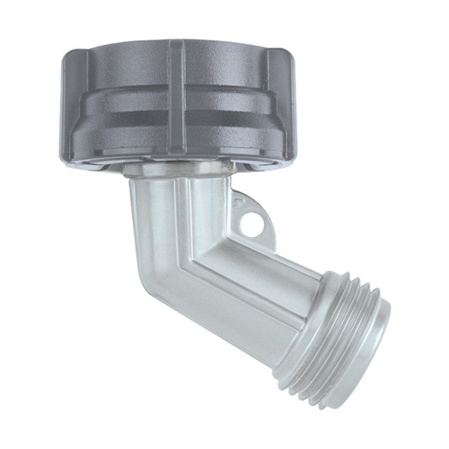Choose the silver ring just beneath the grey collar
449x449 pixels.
point(180,168)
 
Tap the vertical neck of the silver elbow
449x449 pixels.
point(171,211)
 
